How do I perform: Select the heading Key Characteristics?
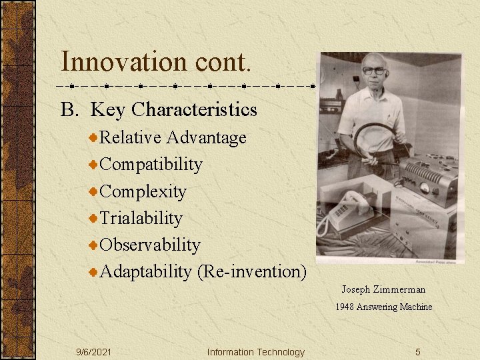[173, 109]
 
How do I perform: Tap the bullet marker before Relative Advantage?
[94, 137]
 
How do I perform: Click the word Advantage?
[206, 137]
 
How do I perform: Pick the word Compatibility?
[151, 164]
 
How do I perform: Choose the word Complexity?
[143, 191]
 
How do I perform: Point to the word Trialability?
[141, 218]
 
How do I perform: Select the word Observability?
[149, 245]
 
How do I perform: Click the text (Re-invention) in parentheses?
[251, 271]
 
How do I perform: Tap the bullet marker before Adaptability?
[94, 271]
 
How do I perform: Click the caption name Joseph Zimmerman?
[383, 289]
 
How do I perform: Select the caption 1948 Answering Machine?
[383, 307]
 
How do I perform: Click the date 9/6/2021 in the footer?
[94, 352]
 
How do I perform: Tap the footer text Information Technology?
[255, 352]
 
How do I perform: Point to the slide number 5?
[418, 352]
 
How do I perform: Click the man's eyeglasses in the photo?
[375, 71]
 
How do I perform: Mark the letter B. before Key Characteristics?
[69, 109]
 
